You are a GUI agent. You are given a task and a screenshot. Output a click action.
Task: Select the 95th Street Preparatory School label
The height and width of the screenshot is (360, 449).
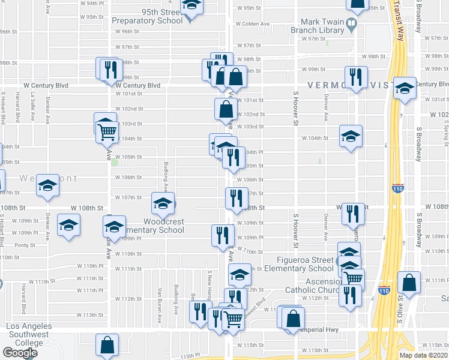(147, 16)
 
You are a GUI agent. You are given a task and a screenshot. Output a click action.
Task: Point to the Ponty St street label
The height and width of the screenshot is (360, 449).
(25, 245)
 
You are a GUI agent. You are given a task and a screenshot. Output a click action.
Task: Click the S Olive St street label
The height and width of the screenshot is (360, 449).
(400, 310)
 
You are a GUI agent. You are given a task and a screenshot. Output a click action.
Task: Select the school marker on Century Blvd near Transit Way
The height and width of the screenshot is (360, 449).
(405, 89)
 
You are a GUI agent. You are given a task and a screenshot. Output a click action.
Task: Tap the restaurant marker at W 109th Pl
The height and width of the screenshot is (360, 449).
(223, 234)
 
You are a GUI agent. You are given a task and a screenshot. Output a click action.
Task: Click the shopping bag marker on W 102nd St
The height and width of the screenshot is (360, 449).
(226, 110)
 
